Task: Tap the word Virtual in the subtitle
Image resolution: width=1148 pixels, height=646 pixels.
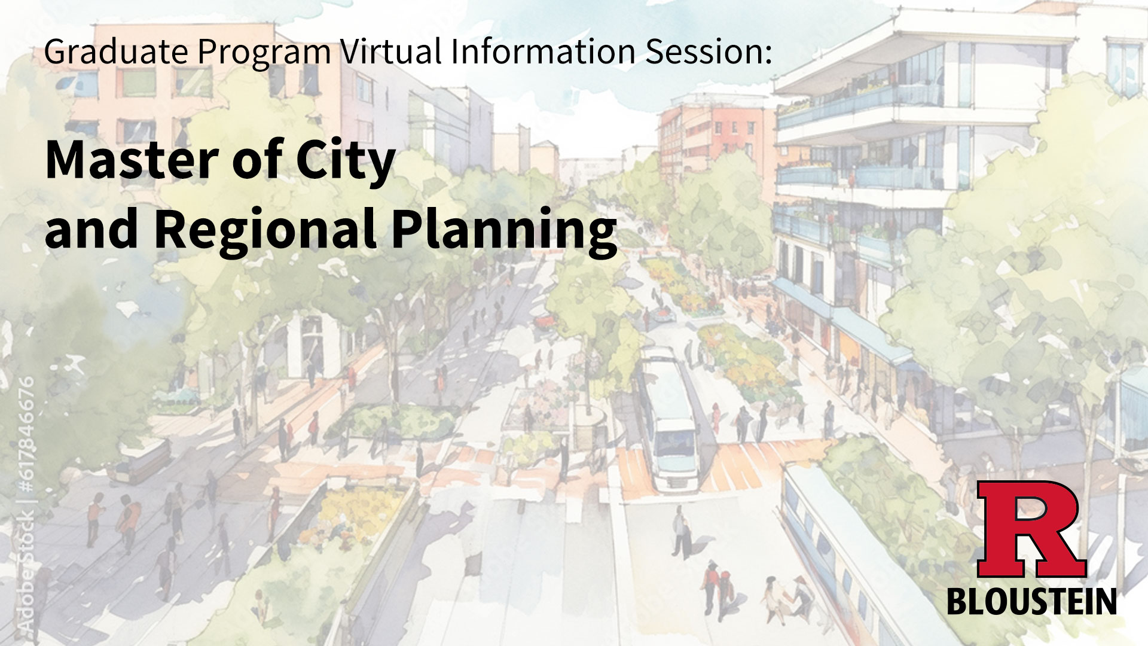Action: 390,51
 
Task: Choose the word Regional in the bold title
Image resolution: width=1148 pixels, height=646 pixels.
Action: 265,230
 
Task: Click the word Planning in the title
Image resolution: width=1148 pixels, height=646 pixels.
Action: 504,230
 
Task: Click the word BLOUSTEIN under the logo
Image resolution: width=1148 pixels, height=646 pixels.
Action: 1032,601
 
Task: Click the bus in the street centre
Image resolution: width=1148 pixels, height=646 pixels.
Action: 667,416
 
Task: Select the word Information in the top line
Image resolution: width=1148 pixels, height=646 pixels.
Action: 543,51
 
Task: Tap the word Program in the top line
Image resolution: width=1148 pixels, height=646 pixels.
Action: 264,52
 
